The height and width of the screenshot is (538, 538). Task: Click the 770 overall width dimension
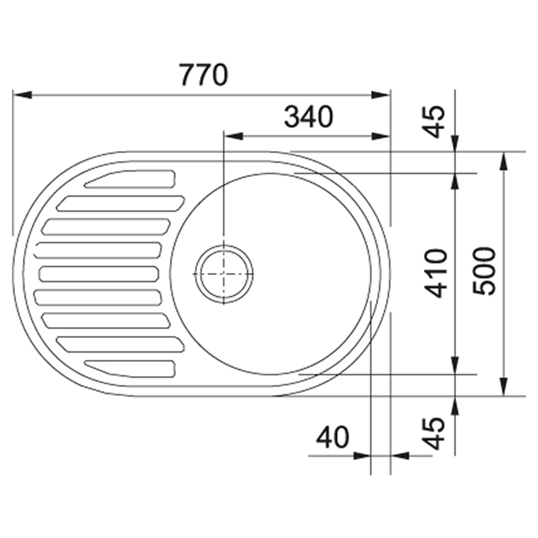pos(204,75)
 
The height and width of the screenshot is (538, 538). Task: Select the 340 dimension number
pos(308,117)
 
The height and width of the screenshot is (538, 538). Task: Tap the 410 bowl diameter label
pos(436,273)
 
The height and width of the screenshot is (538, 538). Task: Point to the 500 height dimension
pos(484,271)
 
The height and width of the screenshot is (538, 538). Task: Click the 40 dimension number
pos(332,438)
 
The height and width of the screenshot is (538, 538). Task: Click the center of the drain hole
pos(224,274)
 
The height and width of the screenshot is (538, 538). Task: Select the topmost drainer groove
pos(130,179)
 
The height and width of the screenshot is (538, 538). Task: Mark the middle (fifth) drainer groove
pos(99,274)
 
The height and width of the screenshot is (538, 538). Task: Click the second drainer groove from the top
pos(120,203)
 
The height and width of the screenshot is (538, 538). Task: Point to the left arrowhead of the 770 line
pos(22,94)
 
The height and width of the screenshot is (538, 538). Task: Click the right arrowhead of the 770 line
pos(381,94)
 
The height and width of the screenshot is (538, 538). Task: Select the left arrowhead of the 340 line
pos(233,136)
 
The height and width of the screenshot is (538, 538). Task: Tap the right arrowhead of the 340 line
pos(381,136)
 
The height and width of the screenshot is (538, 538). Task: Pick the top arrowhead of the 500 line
pos(504,161)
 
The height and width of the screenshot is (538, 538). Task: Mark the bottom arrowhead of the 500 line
pos(504,387)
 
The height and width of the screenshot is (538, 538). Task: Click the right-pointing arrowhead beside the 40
pos(362,456)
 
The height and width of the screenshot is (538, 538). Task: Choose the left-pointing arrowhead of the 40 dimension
pos(401,456)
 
